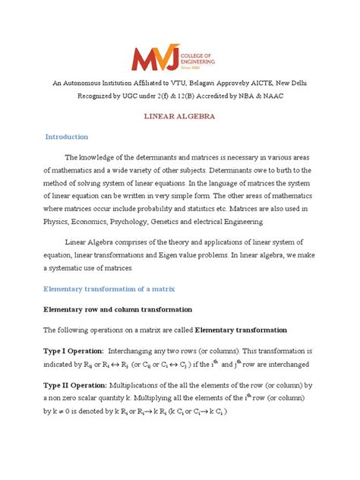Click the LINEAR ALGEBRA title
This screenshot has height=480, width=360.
tap(179, 117)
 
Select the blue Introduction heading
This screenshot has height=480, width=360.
tap(67, 137)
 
